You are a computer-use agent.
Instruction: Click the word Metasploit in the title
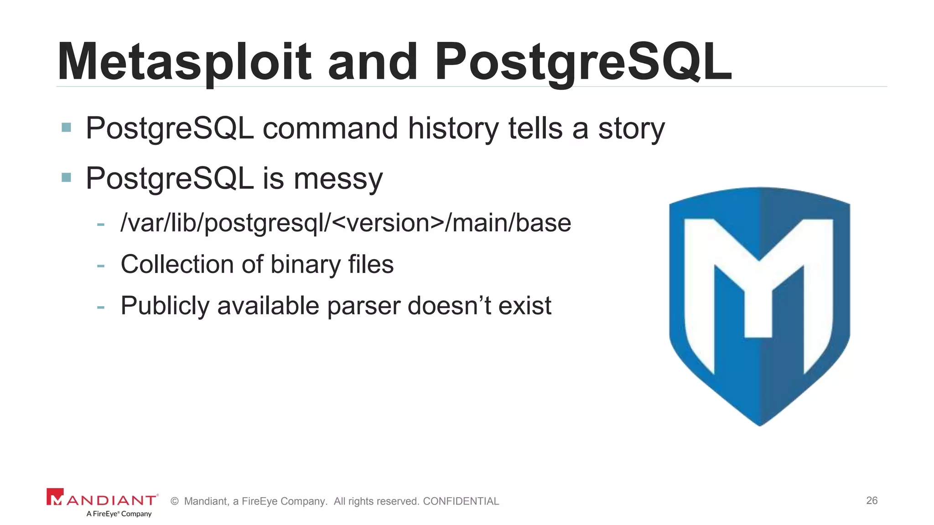click(184, 62)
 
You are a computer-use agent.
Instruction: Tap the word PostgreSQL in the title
click(582, 62)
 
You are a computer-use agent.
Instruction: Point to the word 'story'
click(631, 129)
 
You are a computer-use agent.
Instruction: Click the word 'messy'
click(338, 179)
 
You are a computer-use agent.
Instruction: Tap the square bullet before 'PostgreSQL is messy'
click(66, 177)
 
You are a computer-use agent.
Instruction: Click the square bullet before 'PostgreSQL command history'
click(66, 127)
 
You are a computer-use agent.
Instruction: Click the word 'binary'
click(305, 264)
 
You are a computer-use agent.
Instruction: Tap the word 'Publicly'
click(165, 306)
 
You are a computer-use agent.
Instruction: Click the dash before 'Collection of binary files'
click(101, 265)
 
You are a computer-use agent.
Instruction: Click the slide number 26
click(872, 500)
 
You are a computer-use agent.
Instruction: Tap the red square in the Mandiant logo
click(55, 497)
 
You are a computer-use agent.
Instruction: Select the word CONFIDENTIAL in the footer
click(461, 501)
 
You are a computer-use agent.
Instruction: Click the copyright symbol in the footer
click(174, 501)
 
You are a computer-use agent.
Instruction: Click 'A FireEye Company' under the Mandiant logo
click(119, 514)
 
